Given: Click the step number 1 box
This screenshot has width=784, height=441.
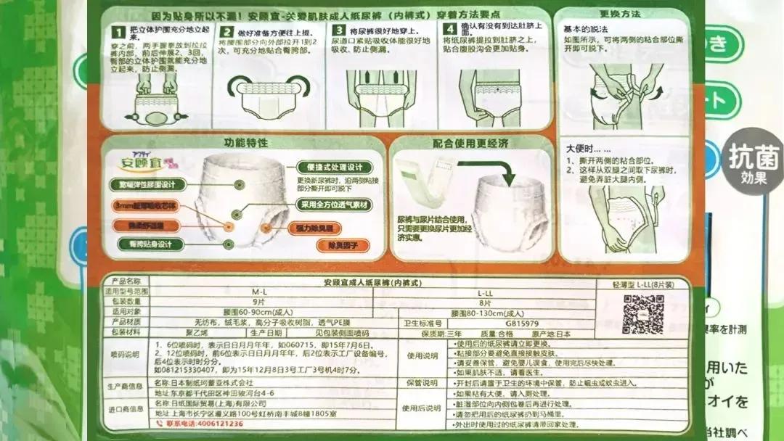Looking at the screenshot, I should pos(115,31).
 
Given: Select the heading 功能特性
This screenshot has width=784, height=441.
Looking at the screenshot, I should pos(246,143).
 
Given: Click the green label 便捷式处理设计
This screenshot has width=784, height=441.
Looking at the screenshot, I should pos(330,166).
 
